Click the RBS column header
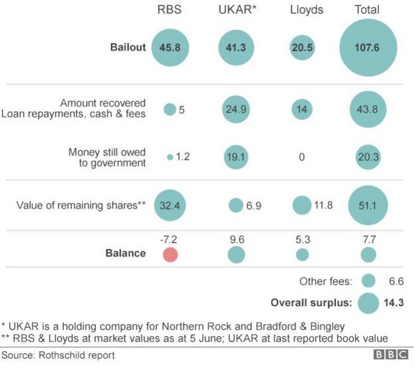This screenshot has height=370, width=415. tap(170, 9)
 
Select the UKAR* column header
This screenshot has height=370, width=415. tap(235, 9)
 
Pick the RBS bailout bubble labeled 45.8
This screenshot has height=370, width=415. tap(170, 48)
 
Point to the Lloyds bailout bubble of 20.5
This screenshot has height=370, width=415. tap(302, 48)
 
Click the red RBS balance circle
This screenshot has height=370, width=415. tap(170, 254)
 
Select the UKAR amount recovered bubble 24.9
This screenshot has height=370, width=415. tap(235, 109)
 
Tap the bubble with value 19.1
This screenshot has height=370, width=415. tap(235, 157)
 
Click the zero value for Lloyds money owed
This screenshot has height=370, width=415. tap(302, 157)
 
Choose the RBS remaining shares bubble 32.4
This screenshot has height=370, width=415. tap(170, 205)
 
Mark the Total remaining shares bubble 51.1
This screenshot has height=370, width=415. tap(368, 205)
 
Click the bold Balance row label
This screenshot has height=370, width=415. tap(125, 253)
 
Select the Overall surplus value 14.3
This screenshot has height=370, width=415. tap(394, 303)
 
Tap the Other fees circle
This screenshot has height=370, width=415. tap(368, 281)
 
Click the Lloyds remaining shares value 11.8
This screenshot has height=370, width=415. tap(323, 205)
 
